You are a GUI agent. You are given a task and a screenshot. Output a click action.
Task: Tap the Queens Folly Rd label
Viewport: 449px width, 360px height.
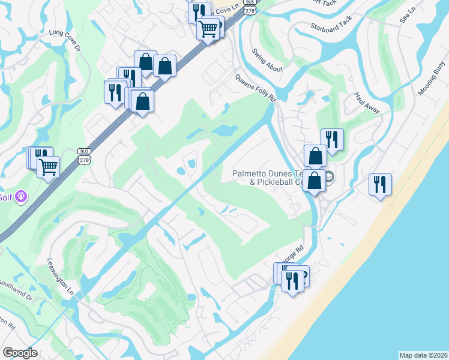click(255, 88)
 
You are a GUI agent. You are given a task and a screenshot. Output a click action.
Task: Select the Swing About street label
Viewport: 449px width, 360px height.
click(268, 61)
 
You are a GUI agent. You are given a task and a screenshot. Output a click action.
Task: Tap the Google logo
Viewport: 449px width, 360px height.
click(19, 353)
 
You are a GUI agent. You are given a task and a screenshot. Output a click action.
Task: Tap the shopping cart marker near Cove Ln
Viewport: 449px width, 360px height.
click(208, 28)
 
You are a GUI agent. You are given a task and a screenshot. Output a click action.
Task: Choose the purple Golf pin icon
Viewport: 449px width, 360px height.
click(22, 196)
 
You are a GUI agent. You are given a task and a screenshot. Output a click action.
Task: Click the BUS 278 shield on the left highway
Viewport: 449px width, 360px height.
click(83, 155)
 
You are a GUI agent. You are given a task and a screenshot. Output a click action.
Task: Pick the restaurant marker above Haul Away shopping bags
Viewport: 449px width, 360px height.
click(332, 139)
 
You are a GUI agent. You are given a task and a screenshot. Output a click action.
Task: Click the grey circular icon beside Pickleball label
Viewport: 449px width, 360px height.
click(330, 177)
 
